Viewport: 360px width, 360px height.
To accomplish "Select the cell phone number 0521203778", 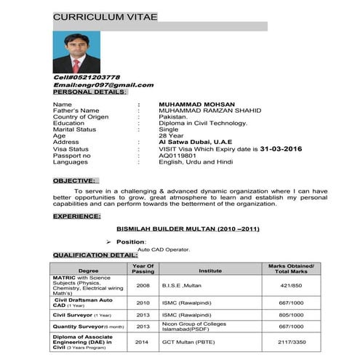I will [87, 77].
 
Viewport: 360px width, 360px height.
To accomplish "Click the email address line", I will [103, 84].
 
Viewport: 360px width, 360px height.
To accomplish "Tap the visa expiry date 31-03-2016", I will [271, 148].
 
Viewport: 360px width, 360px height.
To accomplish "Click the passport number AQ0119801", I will [177, 155].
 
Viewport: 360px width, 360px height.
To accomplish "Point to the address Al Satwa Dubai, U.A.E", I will [193, 142].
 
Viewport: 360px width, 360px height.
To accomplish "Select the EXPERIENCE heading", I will [76, 216].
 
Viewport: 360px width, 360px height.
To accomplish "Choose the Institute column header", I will [210, 269].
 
